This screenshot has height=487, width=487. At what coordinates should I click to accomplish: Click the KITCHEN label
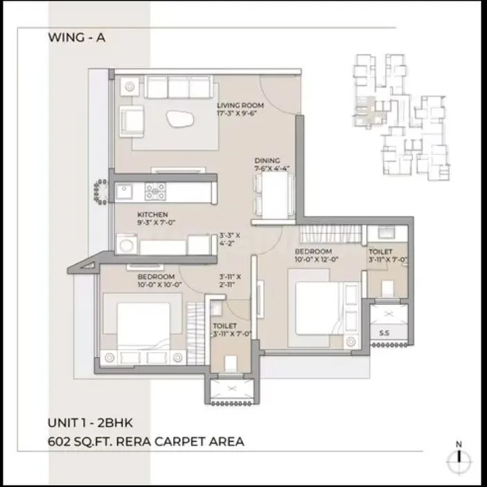[152, 215]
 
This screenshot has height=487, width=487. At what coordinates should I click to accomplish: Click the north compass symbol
[459, 456]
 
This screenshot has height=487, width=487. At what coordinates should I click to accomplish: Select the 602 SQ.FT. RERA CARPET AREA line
[145, 441]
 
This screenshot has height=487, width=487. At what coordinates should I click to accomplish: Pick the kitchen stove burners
[154, 190]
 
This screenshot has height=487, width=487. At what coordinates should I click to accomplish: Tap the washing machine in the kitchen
[127, 244]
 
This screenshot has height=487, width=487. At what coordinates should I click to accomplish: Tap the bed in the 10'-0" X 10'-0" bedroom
[141, 324]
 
